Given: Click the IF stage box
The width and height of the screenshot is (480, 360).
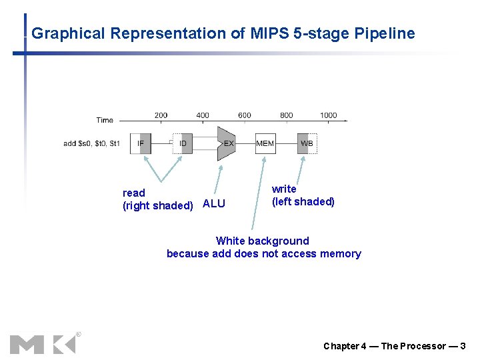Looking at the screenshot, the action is [x=141, y=143].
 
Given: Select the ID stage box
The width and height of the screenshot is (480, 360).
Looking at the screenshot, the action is [x=183, y=143].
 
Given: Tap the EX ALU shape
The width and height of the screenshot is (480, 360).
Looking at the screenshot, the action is [x=227, y=143].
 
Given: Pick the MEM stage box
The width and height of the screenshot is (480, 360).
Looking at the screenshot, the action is [x=265, y=143].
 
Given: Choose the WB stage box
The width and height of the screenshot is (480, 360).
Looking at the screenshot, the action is [x=307, y=143].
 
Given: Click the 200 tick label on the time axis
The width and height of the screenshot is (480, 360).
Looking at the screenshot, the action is [x=161, y=115].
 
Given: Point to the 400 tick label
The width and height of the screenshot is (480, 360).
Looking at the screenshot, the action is [x=203, y=115].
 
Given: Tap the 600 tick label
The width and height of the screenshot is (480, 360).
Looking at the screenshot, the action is [x=245, y=115].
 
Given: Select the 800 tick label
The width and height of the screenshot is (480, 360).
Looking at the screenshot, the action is [x=287, y=115].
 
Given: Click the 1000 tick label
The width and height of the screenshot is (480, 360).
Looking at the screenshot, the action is [x=328, y=115].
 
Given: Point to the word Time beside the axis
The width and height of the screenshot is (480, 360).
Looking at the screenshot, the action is [x=105, y=120].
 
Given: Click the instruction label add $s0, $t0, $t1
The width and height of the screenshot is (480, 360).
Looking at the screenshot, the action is [x=91, y=143].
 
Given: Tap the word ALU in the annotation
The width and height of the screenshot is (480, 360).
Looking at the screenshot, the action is [x=214, y=204].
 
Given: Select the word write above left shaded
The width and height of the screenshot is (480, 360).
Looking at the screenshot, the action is [x=284, y=189].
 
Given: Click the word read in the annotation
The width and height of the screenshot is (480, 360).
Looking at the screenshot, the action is [x=133, y=193].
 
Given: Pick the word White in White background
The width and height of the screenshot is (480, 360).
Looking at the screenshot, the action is [x=231, y=241].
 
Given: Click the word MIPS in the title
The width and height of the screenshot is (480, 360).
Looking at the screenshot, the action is [x=269, y=33].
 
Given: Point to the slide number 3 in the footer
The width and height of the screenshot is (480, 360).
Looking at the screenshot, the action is [x=463, y=346].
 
